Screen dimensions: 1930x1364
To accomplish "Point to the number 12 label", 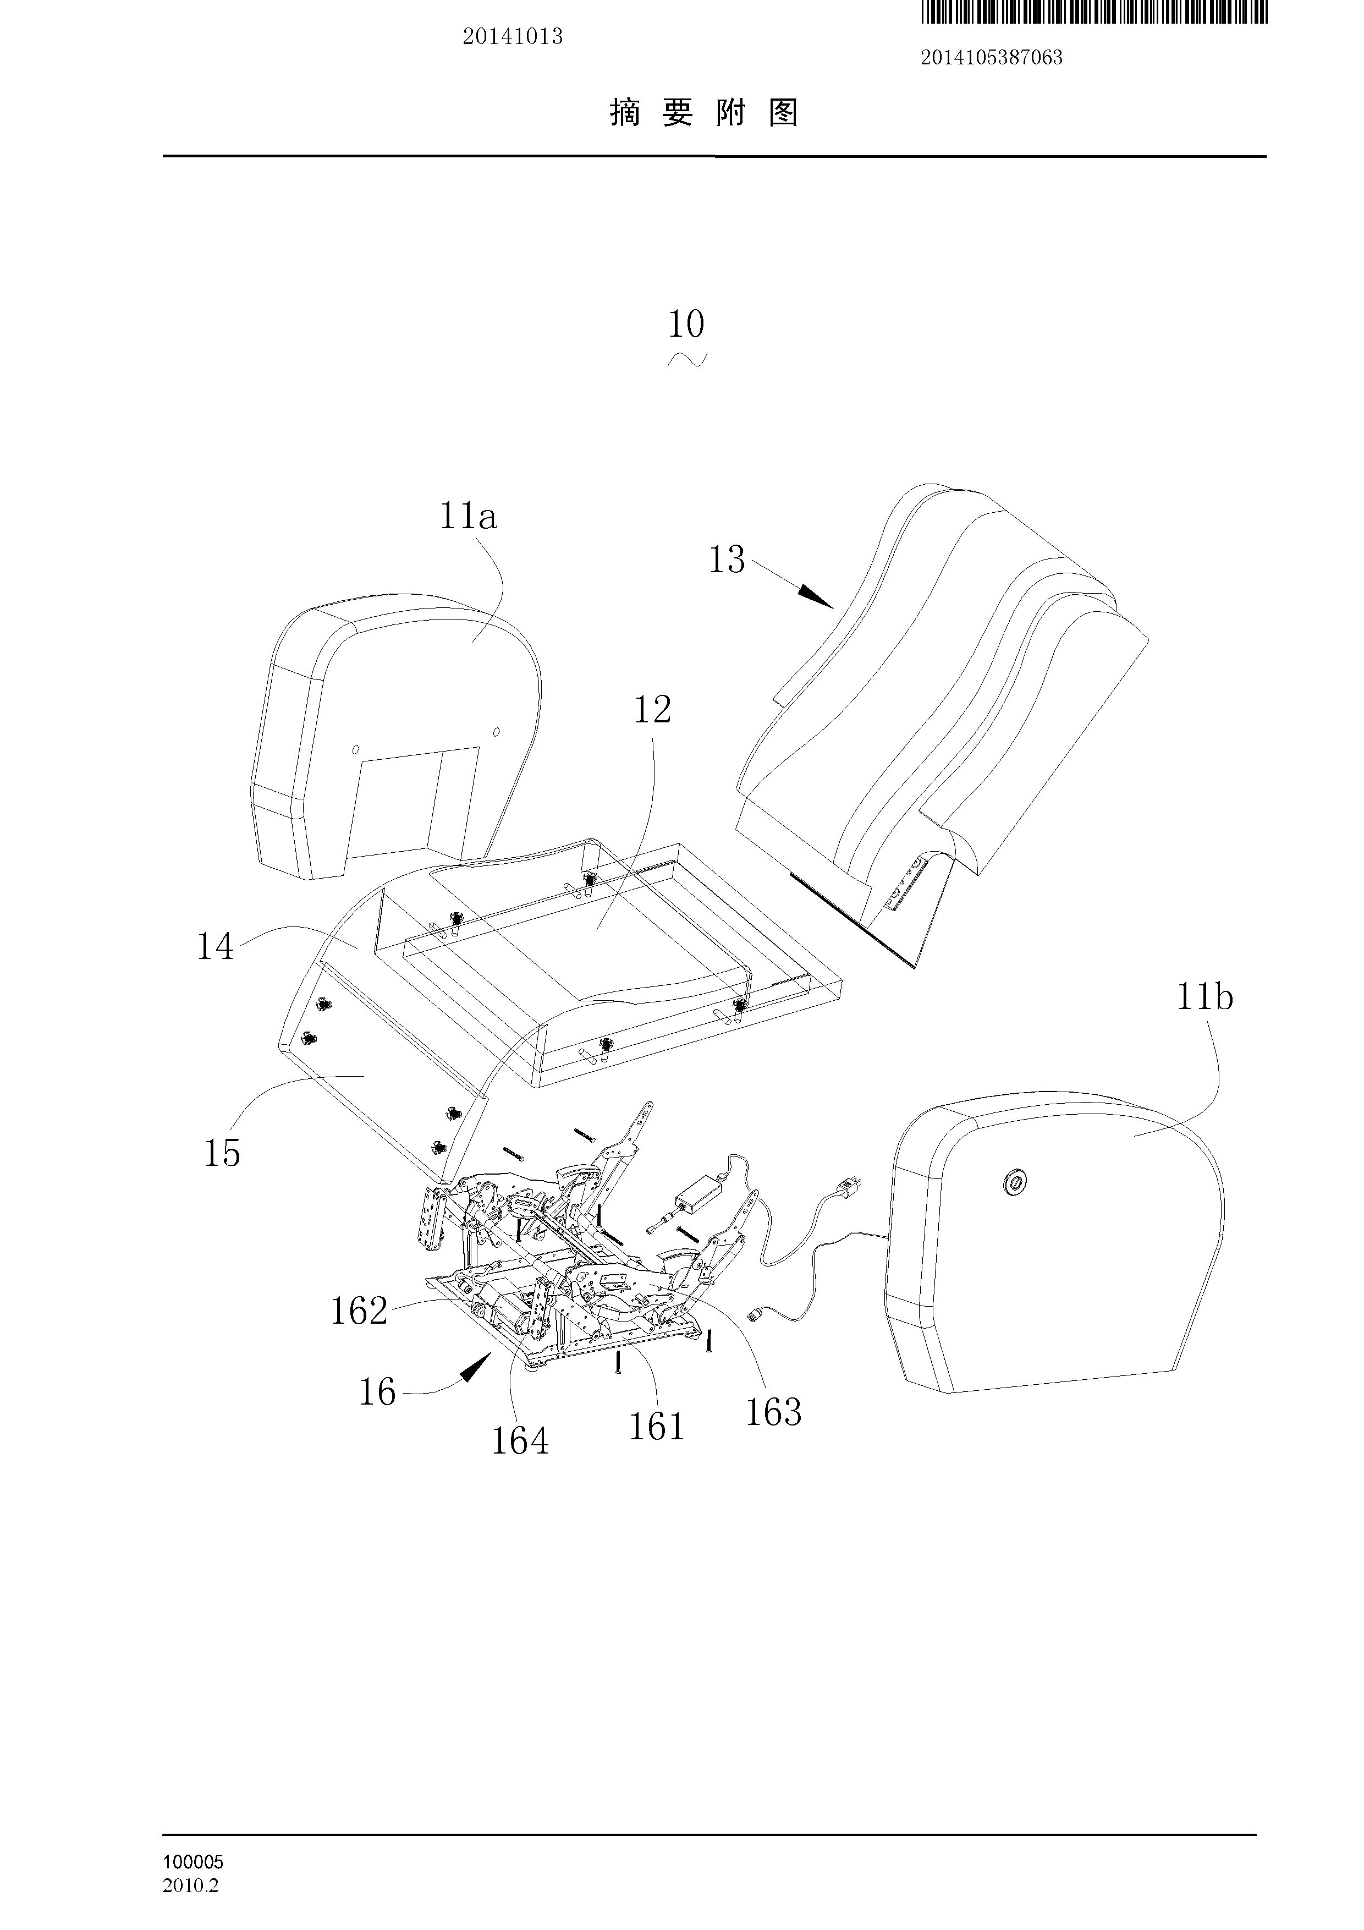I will (x=652, y=711).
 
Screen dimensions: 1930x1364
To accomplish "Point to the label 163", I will (x=773, y=1412).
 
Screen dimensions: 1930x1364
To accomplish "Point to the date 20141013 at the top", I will (x=513, y=37).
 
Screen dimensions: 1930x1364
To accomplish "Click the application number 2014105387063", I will (x=992, y=58).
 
